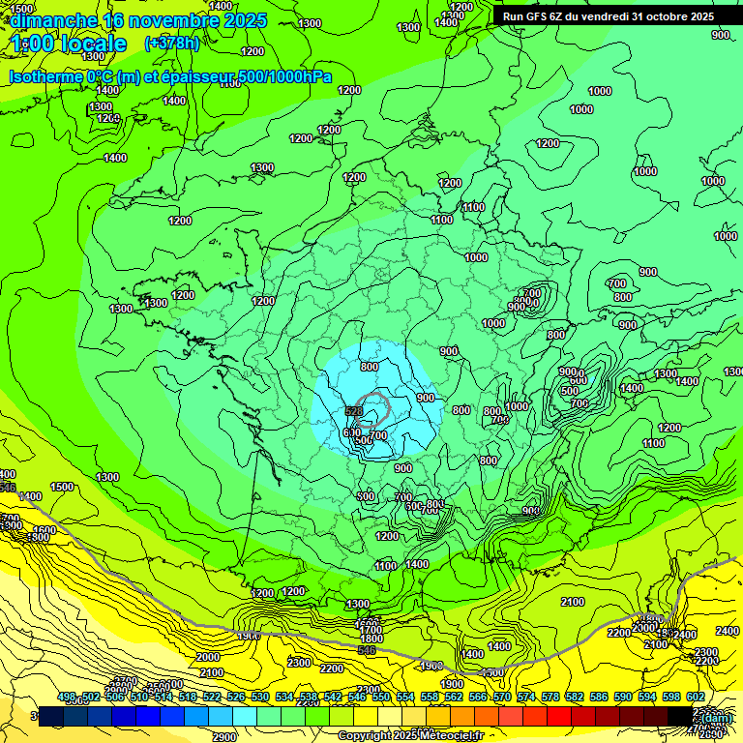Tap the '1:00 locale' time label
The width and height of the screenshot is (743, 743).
click(68, 44)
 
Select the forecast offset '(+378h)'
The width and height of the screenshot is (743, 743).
click(171, 43)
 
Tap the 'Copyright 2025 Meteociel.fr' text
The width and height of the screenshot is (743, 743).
click(410, 736)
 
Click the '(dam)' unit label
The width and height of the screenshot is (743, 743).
click(717, 718)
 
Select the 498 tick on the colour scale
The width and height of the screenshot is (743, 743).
click(67, 697)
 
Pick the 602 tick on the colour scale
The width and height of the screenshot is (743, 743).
click(695, 697)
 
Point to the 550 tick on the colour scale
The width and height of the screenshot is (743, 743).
click(381, 697)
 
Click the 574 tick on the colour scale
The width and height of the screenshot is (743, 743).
click(526, 697)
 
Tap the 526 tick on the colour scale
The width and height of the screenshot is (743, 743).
click(236, 697)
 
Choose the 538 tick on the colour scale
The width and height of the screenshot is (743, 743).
click(309, 697)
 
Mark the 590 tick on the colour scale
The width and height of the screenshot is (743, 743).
click(623, 697)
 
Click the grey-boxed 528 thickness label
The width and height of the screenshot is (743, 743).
click(353, 412)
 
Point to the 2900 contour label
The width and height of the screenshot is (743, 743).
click(223, 737)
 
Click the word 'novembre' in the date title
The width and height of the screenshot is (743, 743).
click(170, 20)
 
